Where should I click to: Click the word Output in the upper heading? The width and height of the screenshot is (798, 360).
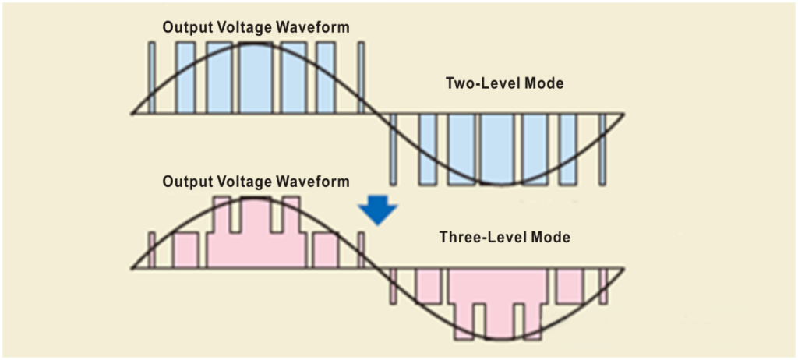(185, 27)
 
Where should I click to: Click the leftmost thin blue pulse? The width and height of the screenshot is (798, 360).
(151, 78)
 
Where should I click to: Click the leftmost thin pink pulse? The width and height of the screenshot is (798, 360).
(152, 249)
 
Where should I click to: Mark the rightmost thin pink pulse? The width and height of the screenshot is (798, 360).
(602, 286)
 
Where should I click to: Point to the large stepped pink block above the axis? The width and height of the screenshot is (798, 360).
(254, 242)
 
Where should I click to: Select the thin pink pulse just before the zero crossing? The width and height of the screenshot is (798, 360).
(361, 249)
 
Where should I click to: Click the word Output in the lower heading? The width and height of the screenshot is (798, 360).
(185, 182)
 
